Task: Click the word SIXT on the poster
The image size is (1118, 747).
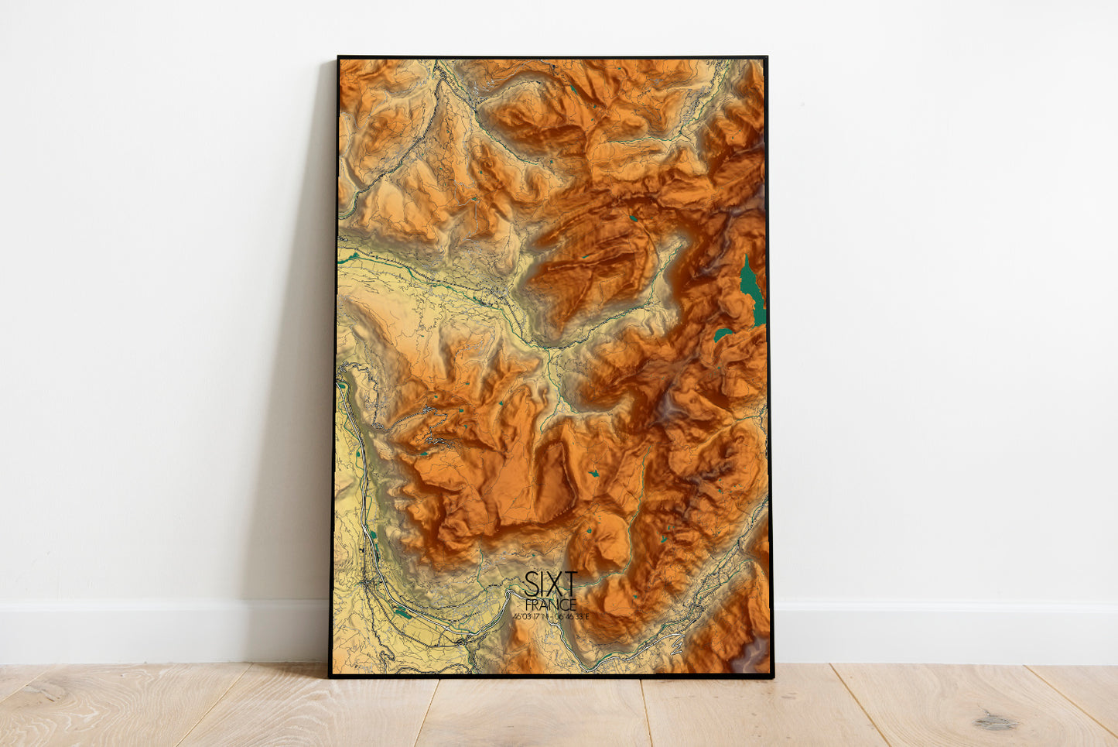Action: tap(550, 582)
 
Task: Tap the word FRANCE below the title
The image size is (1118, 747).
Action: tap(550, 604)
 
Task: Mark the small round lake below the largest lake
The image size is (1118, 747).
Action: tap(722, 334)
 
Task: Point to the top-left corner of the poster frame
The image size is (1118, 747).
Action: tap(339, 57)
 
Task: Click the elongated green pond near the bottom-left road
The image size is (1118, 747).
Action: tap(402, 613)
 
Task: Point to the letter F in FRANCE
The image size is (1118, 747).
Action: tap(528, 604)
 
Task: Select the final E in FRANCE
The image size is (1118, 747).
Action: tap(573, 604)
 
